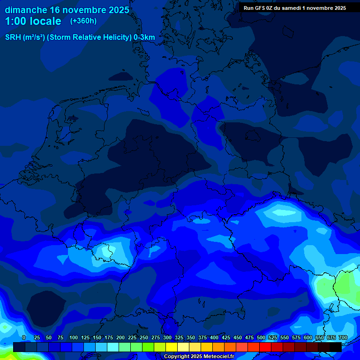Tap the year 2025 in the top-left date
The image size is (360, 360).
coord(119,10)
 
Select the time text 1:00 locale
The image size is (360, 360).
coord(33,21)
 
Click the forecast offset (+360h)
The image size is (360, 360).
coord(83,21)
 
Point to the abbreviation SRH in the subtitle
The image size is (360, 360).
coord(13,37)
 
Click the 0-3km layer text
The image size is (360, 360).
coord(144,37)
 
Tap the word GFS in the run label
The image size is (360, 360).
coord(259,8)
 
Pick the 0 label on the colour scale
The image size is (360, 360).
coord(24,337)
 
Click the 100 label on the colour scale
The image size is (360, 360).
coord(74,337)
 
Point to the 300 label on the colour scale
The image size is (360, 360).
coord(167,337)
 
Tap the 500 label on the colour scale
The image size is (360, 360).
coord(261,337)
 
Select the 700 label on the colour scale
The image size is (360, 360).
coord(343,337)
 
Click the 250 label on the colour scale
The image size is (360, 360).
coord(144,337)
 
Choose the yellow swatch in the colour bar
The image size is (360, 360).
coord(172,347)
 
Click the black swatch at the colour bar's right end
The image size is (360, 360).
coord(336,347)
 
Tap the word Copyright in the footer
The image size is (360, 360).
coord(177,357)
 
